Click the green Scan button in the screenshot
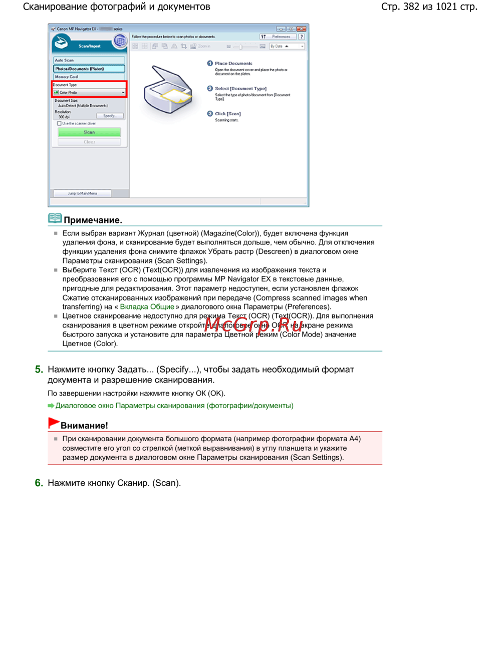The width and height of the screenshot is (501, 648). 89,132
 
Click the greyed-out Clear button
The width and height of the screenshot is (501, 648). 89,142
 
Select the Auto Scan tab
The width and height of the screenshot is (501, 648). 89,60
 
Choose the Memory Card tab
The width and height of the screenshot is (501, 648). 89,77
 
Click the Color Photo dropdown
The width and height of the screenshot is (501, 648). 89,92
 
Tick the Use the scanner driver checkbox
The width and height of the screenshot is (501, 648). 59,124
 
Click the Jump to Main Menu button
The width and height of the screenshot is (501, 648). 82,193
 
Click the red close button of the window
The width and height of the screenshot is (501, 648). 301,29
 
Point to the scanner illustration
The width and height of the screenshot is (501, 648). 168,90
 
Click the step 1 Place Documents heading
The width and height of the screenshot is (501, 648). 233,64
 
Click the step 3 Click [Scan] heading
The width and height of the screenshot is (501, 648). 228,114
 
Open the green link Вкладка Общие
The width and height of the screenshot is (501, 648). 147,306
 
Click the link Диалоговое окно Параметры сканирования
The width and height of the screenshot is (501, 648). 174,406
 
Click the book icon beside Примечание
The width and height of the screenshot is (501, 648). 55,218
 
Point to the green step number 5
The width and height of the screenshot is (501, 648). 39,370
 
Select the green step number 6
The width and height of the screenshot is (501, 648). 39,483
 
